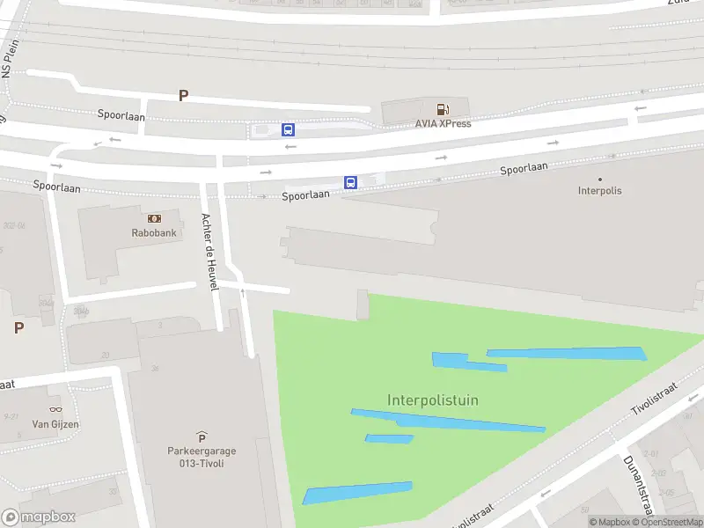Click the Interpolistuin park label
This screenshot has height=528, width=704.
(433, 400)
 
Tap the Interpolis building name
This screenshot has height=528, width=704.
(599, 190)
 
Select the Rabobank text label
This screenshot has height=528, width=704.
(154, 233)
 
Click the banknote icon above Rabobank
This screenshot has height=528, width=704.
(154, 218)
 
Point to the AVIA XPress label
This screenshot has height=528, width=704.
(443, 123)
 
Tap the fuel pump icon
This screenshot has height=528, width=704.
(443, 109)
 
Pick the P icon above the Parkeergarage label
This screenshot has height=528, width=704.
(202, 437)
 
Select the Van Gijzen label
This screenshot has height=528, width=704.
(55, 424)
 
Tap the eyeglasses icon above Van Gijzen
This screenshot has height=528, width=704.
(55, 409)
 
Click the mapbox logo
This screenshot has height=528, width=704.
(39, 517)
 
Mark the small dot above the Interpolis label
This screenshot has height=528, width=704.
(600, 179)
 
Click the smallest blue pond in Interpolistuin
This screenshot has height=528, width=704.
(388, 438)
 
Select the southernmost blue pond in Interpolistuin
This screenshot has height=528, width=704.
(357, 493)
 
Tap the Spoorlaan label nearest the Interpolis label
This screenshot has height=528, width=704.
(524, 168)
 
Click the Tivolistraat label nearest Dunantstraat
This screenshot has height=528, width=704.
(655, 402)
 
